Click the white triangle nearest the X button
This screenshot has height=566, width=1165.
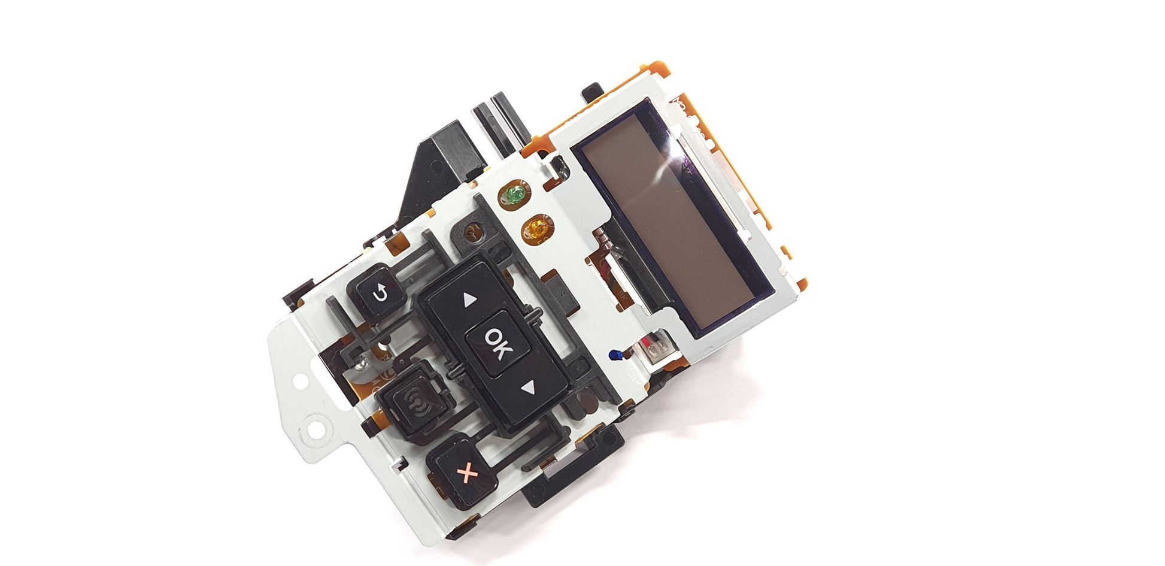(527, 388)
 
